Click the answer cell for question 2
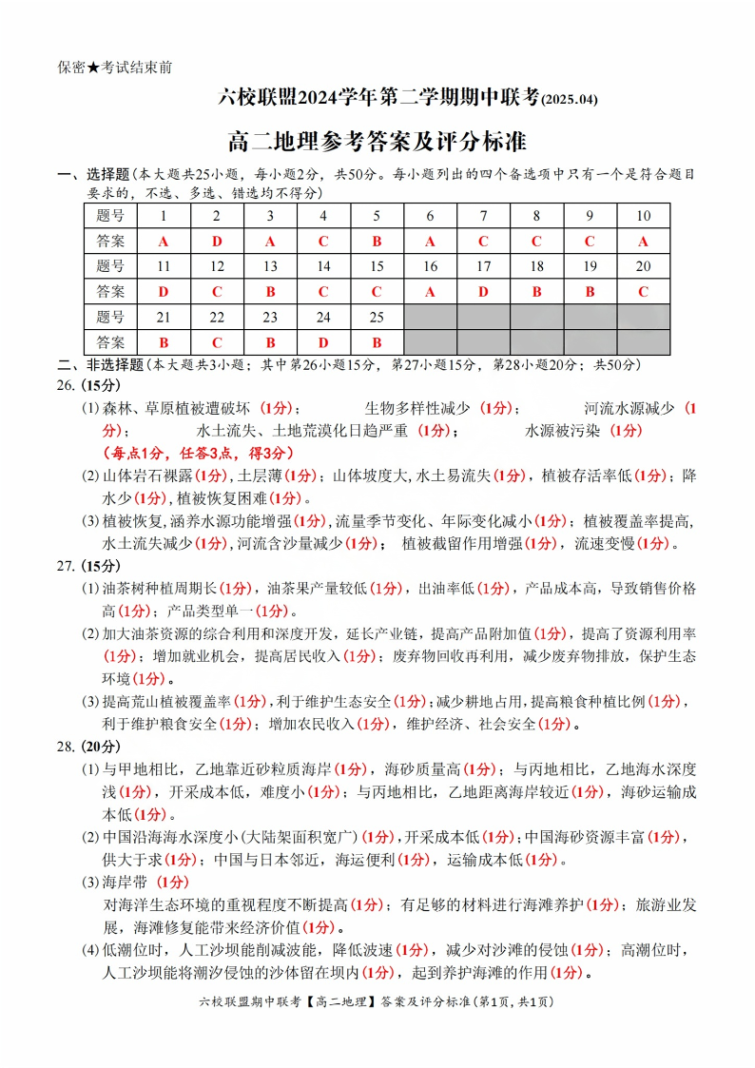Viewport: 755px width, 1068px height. tap(217, 241)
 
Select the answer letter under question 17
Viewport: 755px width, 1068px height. tap(483, 291)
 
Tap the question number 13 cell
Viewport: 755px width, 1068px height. tap(270, 266)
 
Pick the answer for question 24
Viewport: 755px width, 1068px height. tap(323, 341)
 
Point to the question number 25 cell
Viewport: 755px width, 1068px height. tap(377, 317)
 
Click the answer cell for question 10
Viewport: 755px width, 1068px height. tap(643, 241)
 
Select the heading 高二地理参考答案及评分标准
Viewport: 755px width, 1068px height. tap(377, 143)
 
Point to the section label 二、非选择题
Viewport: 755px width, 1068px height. tap(93, 363)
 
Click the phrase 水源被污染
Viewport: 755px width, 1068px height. tap(563, 430)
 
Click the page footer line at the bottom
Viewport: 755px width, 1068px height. tap(377, 1001)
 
